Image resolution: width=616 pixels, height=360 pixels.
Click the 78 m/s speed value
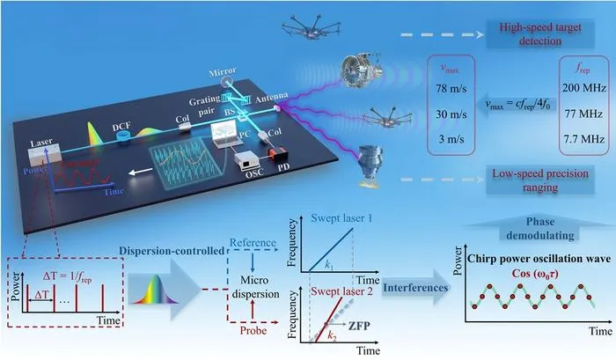coord(451,89)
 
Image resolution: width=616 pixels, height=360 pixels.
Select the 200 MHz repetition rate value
coord(583,88)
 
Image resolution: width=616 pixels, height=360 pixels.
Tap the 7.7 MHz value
coord(583,139)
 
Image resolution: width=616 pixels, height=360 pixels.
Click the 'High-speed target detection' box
coord(540,34)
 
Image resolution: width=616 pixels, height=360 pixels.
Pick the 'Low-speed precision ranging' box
coord(540,180)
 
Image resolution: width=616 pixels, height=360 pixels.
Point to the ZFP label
coord(359,326)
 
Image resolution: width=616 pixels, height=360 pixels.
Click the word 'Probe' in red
coord(253,331)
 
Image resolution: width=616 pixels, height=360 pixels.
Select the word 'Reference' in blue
coord(253,242)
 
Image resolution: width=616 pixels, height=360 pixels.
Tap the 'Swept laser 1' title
coord(341,217)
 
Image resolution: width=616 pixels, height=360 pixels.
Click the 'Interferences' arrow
coord(416,287)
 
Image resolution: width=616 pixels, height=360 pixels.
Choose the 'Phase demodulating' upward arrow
coord(540,228)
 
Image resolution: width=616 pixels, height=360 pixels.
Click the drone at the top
coord(311,26)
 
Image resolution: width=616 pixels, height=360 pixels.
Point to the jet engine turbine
coord(361,71)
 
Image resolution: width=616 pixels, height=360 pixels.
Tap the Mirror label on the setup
coord(223,72)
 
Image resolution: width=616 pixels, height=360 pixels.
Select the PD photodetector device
coord(278,154)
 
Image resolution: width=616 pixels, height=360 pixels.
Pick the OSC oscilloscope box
coord(246,161)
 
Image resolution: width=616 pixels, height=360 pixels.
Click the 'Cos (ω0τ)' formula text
coord(535,274)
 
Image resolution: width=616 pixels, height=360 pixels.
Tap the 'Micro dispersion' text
coord(255,287)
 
